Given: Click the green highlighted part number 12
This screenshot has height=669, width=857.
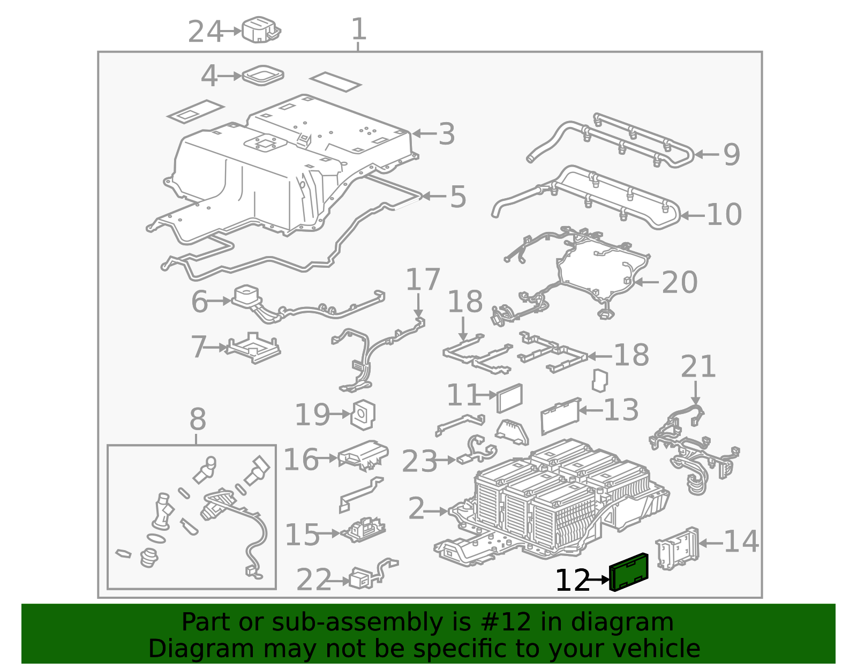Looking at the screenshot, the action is (x=628, y=572).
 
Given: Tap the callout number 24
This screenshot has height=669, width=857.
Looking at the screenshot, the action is (x=205, y=32).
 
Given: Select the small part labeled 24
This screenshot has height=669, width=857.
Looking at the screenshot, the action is (x=261, y=29).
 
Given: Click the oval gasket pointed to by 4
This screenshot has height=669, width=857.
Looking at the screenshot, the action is (x=262, y=75).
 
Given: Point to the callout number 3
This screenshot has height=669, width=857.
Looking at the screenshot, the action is (x=447, y=134).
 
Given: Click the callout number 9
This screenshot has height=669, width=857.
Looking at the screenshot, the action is (x=732, y=155).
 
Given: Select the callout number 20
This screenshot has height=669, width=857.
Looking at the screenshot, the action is (x=680, y=282).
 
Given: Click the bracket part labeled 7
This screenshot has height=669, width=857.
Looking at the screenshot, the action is (x=253, y=348).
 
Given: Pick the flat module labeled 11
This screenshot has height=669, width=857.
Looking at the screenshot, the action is (x=509, y=398).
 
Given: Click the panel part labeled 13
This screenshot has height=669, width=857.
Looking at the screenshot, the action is (x=560, y=416).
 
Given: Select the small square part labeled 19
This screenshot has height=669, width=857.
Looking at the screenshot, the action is (x=363, y=415).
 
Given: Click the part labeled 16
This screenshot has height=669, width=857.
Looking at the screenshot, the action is (x=363, y=455).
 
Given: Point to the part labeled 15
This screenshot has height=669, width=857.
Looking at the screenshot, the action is (x=363, y=530).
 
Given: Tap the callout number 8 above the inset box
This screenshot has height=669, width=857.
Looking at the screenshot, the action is (x=198, y=419).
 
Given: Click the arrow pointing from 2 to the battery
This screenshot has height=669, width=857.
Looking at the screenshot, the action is (x=436, y=512).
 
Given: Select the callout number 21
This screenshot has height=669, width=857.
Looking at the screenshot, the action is (x=698, y=366).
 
